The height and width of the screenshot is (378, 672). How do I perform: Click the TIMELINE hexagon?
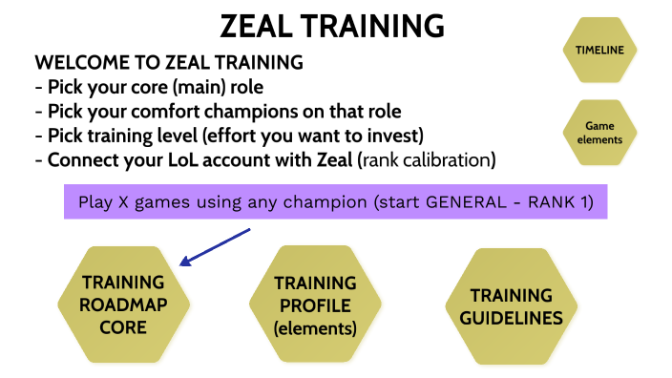[x=599, y=50]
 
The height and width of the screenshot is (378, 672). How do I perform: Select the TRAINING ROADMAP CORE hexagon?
[x=123, y=304]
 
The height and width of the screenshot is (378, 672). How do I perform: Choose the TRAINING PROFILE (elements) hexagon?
[x=315, y=304]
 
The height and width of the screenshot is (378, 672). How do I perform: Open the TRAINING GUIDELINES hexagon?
[x=512, y=306]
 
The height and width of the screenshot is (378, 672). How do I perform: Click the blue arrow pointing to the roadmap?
[x=215, y=245]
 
